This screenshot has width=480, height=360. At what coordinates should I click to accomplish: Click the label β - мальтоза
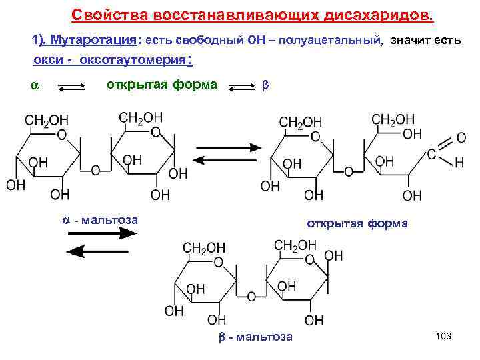pos(256,337)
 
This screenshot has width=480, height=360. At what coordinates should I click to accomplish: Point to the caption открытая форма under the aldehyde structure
pos(357,223)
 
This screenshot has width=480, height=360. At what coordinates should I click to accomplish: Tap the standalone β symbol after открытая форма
pos(264,86)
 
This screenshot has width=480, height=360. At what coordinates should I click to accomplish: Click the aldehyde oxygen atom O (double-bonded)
pos(461,138)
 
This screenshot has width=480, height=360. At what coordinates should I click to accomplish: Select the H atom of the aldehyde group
pos(459,163)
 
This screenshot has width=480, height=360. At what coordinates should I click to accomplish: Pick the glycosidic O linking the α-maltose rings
pos(95,171)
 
